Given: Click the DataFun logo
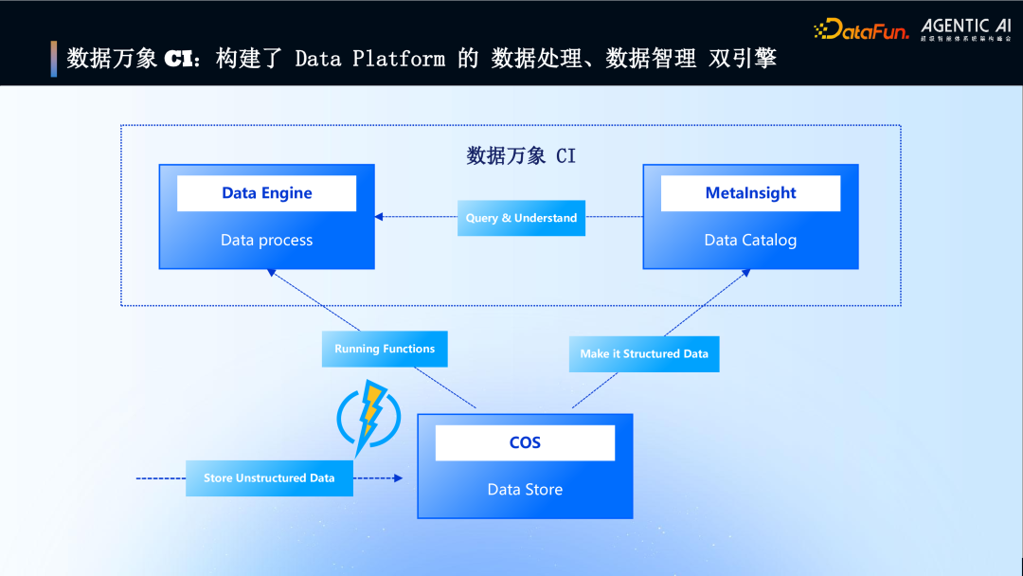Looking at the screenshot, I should click(860, 29).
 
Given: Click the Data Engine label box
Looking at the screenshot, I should click(266, 193).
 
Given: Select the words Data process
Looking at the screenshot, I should click(266, 241).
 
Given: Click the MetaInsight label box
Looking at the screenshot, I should click(750, 193).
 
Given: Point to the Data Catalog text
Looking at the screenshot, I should click(750, 241).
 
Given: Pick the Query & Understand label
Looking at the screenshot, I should click(521, 218).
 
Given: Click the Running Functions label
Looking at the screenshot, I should click(385, 349).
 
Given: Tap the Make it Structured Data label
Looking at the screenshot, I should click(644, 353).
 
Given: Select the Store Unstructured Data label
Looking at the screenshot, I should click(269, 478).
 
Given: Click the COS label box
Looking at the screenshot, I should click(525, 442).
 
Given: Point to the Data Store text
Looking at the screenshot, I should click(525, 490).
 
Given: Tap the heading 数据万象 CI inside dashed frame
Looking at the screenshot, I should click(520, 155).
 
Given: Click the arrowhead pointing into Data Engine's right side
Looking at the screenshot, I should click(380, 217).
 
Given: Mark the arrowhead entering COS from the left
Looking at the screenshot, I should click(398, 478).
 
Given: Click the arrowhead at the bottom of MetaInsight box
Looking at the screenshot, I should click(745, 274).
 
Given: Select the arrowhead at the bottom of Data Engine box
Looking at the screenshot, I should click(271, 274).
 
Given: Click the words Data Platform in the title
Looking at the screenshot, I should click(369, 59).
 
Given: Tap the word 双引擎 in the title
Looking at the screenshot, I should click(743, 59).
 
